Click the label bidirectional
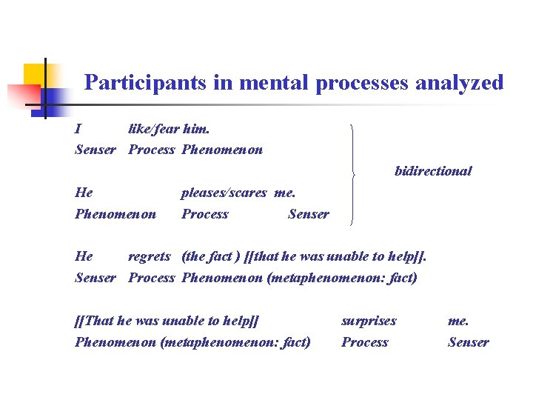(x=433, y=171)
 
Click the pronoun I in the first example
(x=78, y=128)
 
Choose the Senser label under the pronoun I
(x=95, y=150)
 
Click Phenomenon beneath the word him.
(x=221, y=150)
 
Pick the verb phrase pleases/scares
(x=224, y=193)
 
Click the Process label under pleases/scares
(x=205, y=214)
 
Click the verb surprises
(x=369, y=321)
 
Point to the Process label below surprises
(x=364, y=342)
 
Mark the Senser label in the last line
(x=468, y=342)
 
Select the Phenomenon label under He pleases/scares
(x=115, y=214)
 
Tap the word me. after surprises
(x=457, y=321)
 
